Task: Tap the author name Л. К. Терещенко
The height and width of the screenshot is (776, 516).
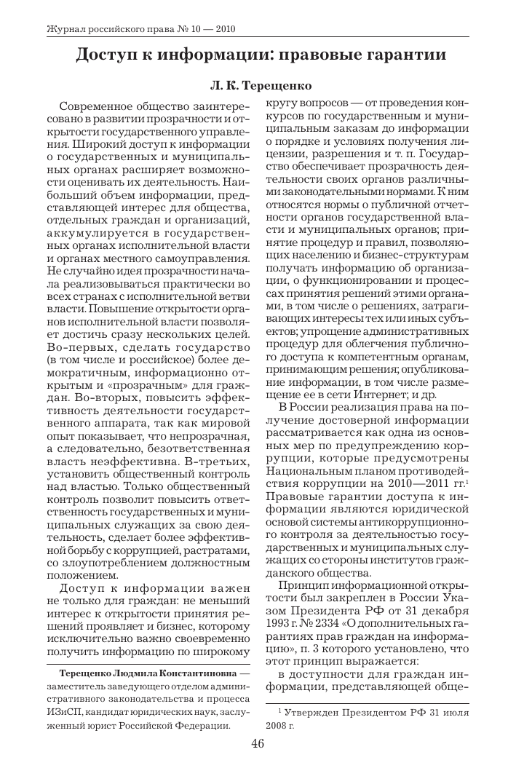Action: pos(258,86)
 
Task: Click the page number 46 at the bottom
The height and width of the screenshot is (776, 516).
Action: pos(258,743)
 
